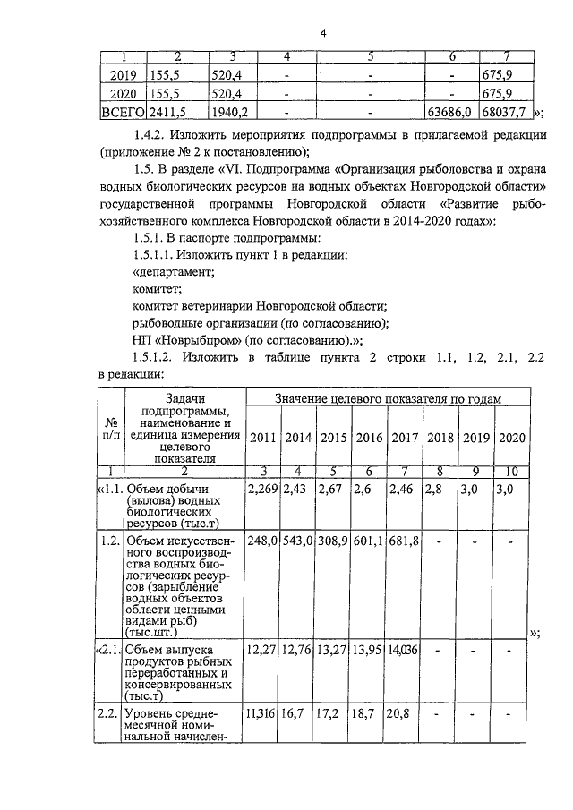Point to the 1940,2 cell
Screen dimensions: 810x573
(x=230, y=113)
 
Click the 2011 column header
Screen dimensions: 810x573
(x=261, y=437)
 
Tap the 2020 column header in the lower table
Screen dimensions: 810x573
(x=511, y=437)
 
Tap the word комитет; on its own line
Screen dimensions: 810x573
(x=157, y=288)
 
